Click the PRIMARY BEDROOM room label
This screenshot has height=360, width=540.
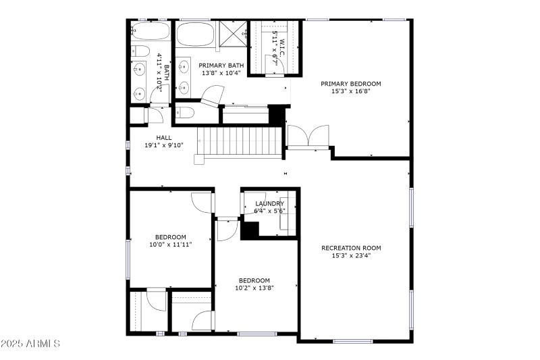(x=350, y=84)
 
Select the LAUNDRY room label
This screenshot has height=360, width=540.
(x=269, y=203)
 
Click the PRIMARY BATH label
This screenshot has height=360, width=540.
(x=220, y=65)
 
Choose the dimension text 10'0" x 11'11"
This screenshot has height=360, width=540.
(x=170, y=245)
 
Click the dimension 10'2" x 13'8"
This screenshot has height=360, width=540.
(x=254, y=288)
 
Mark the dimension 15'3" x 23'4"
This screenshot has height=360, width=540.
(x=351, y=255)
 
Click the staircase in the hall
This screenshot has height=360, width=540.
(x=238, y=142)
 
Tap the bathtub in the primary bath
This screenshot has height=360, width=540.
(x=195, y=34)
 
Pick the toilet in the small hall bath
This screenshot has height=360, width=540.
(x=140, y=51)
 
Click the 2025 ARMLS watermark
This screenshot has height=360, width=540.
(x=31, y=344)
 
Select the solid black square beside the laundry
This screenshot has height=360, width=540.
(x=250, y=230)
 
